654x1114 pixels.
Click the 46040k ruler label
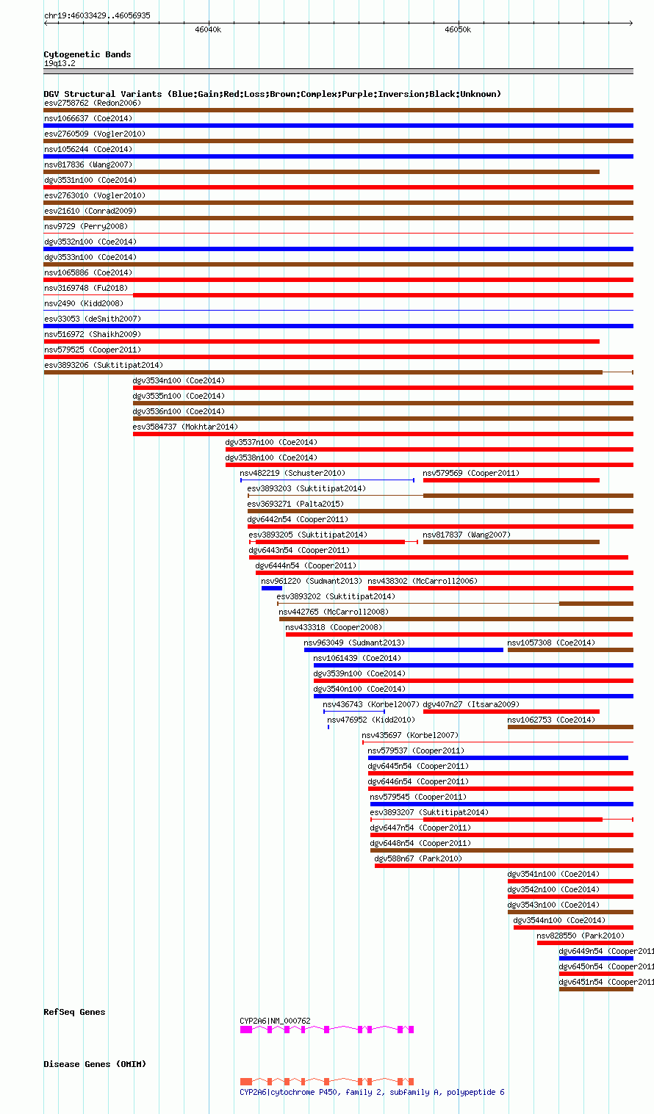tap(208, 30)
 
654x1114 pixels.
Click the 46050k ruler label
tap(458, 30)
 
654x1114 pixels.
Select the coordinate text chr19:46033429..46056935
tap(97, 15)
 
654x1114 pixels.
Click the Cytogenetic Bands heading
tap(87, 54)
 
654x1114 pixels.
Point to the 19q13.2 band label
tap(60, 63)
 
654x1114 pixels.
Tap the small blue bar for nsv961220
tap(271, 588)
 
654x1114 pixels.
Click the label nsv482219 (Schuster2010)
tap(292, 473)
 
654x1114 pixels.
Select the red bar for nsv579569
tap(511, 480)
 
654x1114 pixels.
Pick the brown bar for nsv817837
tap(511, 542)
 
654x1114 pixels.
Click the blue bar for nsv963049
tap(403, 650)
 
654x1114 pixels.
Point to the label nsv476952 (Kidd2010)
tap(371, 720)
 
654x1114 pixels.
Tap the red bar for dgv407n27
tap(511, 712)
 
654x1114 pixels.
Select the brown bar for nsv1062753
tap(569, 727)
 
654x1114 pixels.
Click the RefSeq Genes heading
tap(74, 1012)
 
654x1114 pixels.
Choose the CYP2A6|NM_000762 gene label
tap(275, 1021)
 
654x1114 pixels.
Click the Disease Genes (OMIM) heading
tap(95, 1064)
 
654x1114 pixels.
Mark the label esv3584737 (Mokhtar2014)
tap(185, 427)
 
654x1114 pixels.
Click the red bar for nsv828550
tap(584, 943)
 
